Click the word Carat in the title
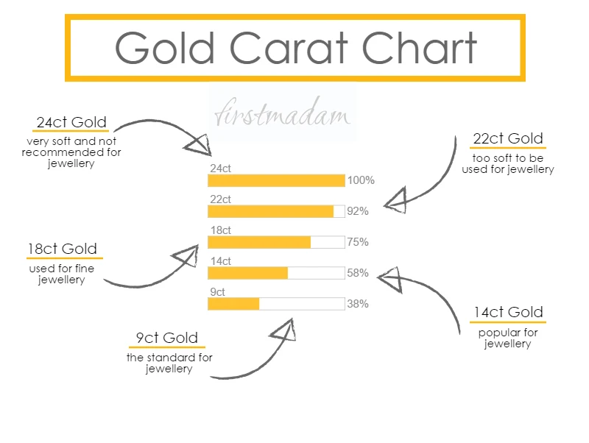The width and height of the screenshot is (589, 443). point(289,48)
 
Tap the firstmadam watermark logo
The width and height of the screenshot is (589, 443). point(283,113)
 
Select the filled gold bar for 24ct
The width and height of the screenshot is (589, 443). point(277,180)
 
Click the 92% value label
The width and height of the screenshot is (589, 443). point(358,211)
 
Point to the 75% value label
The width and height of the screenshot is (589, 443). point(358,242)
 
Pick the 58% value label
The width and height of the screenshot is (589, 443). point(358,273)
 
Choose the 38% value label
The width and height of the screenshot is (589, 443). point(358,304)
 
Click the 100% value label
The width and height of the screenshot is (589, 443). point(361,180)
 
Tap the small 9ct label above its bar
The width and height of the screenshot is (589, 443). point(217,292)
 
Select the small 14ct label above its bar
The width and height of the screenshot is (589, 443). point(221,261)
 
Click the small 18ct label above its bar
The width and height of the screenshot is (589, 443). point(221,230)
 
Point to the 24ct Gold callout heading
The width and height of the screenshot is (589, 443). point(71,122)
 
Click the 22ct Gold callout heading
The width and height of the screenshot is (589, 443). point(508,138)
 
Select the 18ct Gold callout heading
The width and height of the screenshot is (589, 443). point(63,249)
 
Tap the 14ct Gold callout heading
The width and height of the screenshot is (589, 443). point(508,312)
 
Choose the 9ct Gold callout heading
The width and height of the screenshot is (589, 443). point(167,338)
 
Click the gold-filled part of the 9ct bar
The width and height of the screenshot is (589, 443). point(233,304)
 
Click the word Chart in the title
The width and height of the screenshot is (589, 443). point(419,48)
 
